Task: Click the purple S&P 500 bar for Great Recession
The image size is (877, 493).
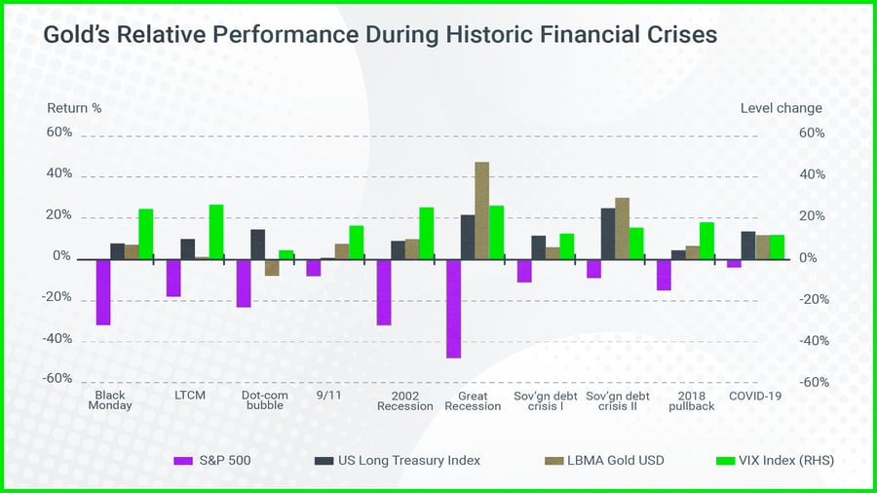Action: click(453, 308)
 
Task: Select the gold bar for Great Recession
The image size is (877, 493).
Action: click(481, 210)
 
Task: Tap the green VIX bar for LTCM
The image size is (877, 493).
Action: click(216, 232)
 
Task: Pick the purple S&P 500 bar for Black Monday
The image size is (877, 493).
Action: click(103, 291)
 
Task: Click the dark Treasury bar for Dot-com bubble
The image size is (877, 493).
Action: click(258, 244)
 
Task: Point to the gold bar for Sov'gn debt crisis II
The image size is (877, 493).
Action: click(622, 228)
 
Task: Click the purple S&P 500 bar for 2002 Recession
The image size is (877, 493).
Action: click(384, 291)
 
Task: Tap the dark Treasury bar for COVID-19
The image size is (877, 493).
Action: click(748, 245)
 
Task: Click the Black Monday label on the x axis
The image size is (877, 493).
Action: click(109, 401)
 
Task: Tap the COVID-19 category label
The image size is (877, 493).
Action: click(755, 397)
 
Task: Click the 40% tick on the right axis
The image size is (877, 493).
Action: click(812, 175)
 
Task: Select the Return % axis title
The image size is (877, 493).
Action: click(74, 108)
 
